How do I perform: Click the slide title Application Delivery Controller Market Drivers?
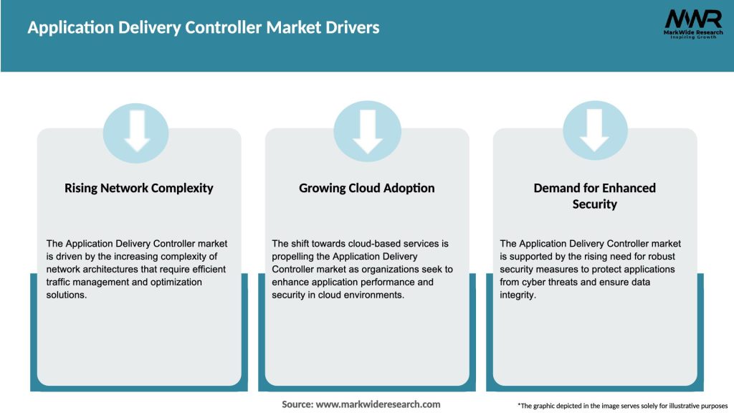[x=204, y=28]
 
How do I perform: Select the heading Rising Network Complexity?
[x=139, y=188]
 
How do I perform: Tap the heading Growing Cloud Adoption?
[x=366, y=188]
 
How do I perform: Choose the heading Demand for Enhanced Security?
[x=594, y=196]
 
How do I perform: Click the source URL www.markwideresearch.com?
[x=378, y=404]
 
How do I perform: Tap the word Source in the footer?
[x=297, y=404]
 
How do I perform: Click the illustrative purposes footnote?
[x=622, y=405]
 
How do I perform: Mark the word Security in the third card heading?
[x=594, y=204]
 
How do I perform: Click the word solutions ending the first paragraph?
[x=66, y=295]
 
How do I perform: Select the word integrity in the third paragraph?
[x=518, y=295]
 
